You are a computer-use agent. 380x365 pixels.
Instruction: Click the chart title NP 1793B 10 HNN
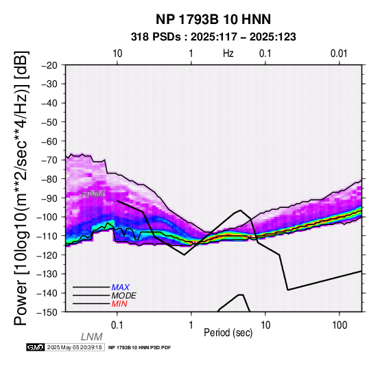pos(213,19)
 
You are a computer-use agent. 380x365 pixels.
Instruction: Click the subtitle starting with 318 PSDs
pos(213,37)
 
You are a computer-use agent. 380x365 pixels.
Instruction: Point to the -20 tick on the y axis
pos(49,65)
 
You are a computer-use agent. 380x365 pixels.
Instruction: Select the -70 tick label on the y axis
pos(49,160)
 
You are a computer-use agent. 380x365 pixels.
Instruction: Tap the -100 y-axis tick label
pos(47,217)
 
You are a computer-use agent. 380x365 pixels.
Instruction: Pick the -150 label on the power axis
pos(47,312)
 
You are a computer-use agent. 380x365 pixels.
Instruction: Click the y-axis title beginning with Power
pos(21,188)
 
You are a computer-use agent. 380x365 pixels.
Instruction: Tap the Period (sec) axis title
pos(228,333)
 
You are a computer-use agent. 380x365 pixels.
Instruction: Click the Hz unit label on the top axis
pos(228,54)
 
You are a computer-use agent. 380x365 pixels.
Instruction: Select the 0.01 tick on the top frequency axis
pos(339,54)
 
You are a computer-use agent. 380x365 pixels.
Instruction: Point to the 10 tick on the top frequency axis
pos(117,54)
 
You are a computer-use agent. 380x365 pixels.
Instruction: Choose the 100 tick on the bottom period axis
pos(340,325)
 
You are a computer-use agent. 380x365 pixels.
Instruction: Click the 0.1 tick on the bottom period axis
pos(117,325)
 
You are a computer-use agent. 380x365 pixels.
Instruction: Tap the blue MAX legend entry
pos(120,287)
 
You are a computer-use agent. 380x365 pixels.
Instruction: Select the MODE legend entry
pos(123,296)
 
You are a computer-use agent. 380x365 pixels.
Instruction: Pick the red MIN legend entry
pos(119,304)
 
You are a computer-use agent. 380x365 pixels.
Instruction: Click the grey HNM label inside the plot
pos(93,194)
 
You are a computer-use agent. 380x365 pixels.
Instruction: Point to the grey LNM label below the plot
pos(92,337)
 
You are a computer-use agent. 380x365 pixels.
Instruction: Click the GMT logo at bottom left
pos(36,347)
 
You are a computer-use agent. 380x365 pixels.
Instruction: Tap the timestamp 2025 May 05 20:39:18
pos(74,347)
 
